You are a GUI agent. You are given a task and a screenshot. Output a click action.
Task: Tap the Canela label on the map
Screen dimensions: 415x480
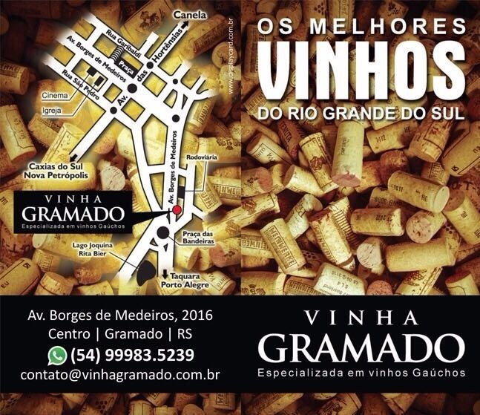click(189, 15)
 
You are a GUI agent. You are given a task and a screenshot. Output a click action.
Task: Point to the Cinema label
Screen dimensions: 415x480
click(54, 96)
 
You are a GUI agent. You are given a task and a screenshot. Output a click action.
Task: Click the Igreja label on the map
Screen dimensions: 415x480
click(52, 110)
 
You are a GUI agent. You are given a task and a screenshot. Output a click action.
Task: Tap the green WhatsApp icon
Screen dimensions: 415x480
click(57, 353)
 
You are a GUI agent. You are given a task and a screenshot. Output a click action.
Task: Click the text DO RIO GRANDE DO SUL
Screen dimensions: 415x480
click(358, 115)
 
